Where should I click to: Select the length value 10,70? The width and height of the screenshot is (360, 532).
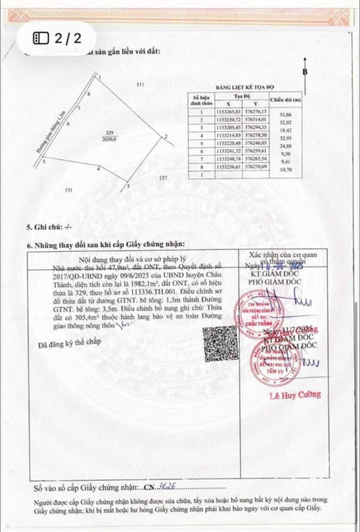[285, 170]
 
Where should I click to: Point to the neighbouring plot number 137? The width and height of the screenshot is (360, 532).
[163, 178]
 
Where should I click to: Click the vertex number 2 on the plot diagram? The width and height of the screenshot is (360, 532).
[165, 136]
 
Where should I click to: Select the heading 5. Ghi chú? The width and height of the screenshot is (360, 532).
[49, 227]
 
